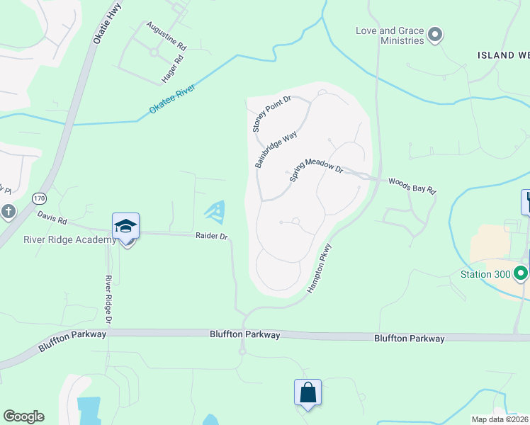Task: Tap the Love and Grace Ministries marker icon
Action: (x=436, y=35)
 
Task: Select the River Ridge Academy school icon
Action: (x=125, y=227)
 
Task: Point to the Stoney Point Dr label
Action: (x=272, y=114)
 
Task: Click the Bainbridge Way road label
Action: (x=276, y=149)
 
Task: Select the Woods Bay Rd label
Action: (x=412, y=186)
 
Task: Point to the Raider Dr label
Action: (x=211, y=236)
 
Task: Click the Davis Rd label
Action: (x=52, y=220)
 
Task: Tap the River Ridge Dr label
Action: (x=109, y=300)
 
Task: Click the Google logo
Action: (x=23, y=416)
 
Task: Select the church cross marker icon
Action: (x=8, y=211)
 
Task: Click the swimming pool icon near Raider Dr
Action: (x=216, y=210)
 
